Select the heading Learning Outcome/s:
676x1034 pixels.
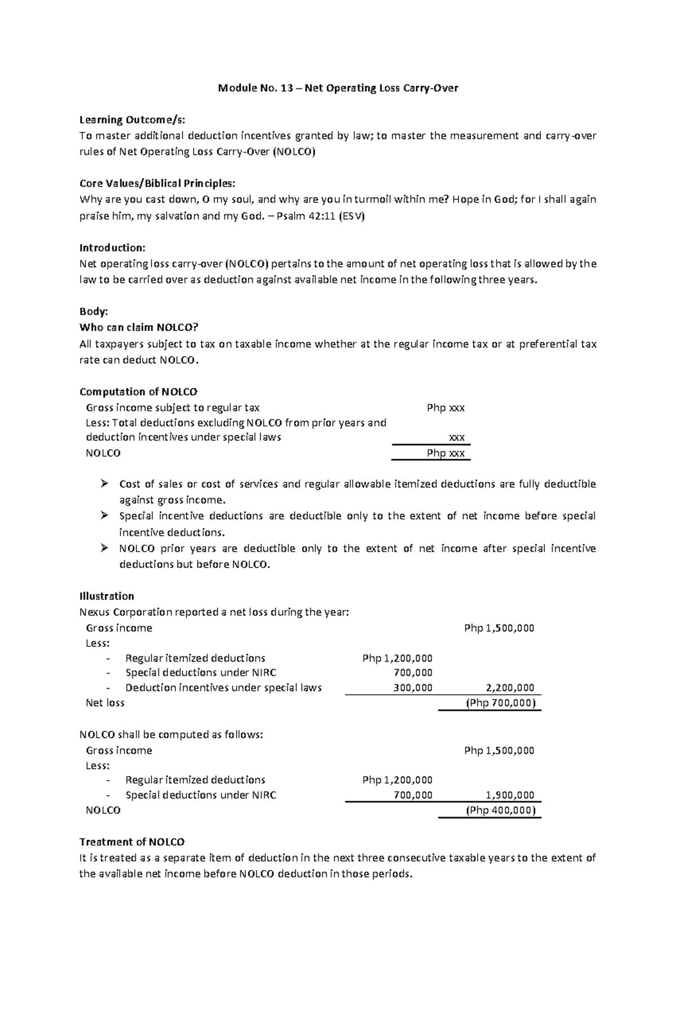[x=132, y=119]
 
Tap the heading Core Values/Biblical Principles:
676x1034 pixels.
[x=157, y=183]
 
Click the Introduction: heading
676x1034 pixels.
[x=112, y=247]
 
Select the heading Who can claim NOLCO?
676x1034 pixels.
[x=139, y=327]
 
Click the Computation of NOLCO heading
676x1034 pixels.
[x=138, y=392]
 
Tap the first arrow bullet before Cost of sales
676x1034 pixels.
[x=104, y=483]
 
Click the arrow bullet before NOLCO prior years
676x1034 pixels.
[x=104, y=548]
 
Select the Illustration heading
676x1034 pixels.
[x=106, y=596]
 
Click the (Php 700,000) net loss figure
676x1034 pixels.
[x=500, y=703]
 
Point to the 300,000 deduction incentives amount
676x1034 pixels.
[x=413, y=687]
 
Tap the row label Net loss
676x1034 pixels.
[x=105, y=703]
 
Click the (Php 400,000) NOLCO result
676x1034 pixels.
[x=500, y=810]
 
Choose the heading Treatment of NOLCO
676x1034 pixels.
[x=132, y=842]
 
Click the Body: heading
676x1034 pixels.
[x=94, y=312]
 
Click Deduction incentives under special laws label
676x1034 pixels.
[x=223, y=687]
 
